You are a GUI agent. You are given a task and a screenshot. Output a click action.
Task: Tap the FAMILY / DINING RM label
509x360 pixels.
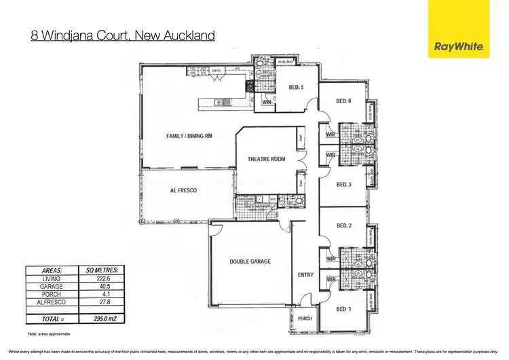[x=189, y=136]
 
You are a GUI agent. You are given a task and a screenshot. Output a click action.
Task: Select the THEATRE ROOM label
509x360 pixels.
[x=266, y=159]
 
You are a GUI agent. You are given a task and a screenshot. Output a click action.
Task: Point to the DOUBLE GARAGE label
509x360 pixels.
[x=250, y=262]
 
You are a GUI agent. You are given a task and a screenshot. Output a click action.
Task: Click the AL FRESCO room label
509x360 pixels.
[x=183, y=191]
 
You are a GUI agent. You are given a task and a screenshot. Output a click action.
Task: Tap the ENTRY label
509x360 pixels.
[x=305, y=275]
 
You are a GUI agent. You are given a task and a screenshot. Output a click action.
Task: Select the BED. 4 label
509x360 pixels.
[x=344, y=102]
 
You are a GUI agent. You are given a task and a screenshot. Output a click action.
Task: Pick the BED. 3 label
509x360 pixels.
[x=344, y=184]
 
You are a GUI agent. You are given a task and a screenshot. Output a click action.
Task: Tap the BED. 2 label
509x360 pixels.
[x=344, y=226]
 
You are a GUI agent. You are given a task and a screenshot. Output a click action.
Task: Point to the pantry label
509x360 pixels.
[x=219, y=70]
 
